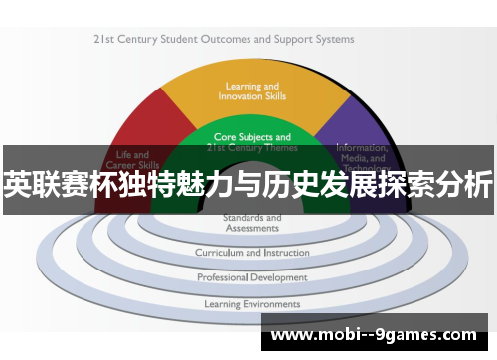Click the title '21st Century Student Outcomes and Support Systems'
pos(224,40)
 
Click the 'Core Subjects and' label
pos(251,137)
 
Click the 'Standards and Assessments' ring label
pos(251,222)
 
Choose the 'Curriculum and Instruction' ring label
pos(251,254)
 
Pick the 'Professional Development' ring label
pos(251,277)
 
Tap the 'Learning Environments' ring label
pos(251,303)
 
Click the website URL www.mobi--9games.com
pos(374,336)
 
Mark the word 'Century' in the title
pos(136,40)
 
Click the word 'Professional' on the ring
pos(224,277)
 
